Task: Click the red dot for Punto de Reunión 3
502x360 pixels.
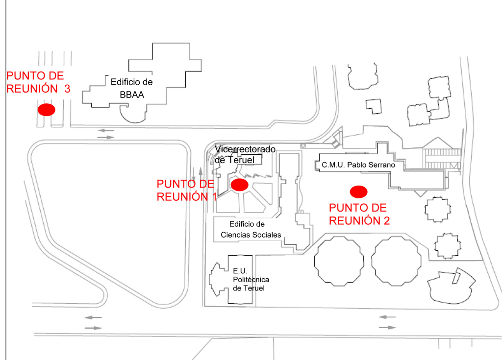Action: (x=47, y=110)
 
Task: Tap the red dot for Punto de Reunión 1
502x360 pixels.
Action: (x=240, y=185)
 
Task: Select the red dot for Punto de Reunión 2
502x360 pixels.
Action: (x=358, y=191)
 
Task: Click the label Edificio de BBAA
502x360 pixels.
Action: (x=132, y=88)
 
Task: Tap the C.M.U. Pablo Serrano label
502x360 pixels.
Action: (x=358, y=166)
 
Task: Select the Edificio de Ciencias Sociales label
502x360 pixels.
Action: (x=251, y=229)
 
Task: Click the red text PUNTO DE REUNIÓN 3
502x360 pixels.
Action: (x=39, y=82)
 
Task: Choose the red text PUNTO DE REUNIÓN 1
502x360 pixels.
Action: (x=186, y=190)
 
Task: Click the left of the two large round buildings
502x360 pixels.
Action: (x=338, y=261)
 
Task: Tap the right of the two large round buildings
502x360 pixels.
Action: (x=396, y=261)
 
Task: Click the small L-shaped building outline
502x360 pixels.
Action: (x=375, y=106)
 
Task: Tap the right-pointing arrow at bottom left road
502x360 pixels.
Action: (x=93, y=327)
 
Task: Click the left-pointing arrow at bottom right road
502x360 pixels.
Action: (x=388, y=317)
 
